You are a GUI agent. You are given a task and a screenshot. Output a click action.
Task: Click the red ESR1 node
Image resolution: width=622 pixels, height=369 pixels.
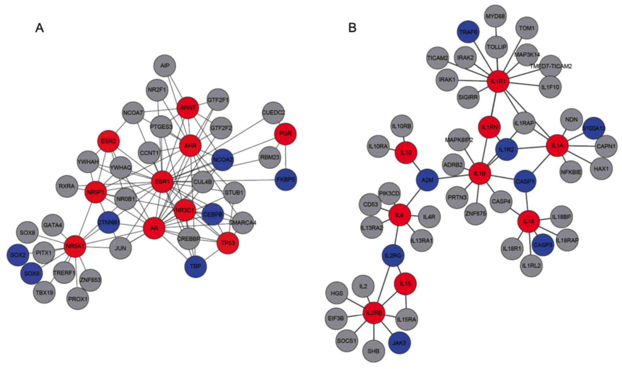(162, 182)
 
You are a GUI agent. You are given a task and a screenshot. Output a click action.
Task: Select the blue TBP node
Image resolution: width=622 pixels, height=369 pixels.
(195, 266)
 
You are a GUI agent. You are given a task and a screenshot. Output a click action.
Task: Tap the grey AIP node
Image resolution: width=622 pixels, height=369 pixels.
(165, 66)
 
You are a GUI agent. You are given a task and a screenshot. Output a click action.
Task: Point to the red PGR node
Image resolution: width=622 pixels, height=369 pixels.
(285, 134)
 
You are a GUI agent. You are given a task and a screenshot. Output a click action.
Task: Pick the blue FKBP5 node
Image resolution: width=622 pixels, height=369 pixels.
(286, 180)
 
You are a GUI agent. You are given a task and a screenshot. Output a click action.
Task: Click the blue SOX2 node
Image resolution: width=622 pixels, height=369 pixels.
(18, 255)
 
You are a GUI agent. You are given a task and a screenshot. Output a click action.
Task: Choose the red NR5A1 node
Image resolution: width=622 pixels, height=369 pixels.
(75, 246)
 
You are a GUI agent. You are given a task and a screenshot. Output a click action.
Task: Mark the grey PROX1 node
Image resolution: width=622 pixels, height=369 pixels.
(78, 299)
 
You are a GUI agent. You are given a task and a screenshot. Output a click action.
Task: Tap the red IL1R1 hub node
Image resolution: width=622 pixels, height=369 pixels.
(498, 80)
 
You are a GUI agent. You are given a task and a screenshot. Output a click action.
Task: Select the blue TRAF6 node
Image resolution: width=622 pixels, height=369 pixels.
(468, 32)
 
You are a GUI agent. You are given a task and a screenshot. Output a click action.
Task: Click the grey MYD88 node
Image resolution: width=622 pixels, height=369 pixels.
(495, 16)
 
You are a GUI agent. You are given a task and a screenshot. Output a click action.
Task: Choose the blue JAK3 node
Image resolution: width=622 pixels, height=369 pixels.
(399, 342)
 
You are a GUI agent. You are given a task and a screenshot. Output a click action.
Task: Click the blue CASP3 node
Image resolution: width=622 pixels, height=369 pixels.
(543, 245)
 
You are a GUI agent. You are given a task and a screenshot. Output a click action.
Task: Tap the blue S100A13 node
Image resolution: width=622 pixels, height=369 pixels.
(594, 128)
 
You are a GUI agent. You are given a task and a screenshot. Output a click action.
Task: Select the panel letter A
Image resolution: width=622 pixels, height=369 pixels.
(40, 28)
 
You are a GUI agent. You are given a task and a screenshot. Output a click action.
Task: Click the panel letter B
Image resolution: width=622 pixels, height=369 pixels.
(352, 28)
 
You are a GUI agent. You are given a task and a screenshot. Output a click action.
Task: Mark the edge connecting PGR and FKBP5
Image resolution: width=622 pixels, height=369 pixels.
(286, 157)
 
